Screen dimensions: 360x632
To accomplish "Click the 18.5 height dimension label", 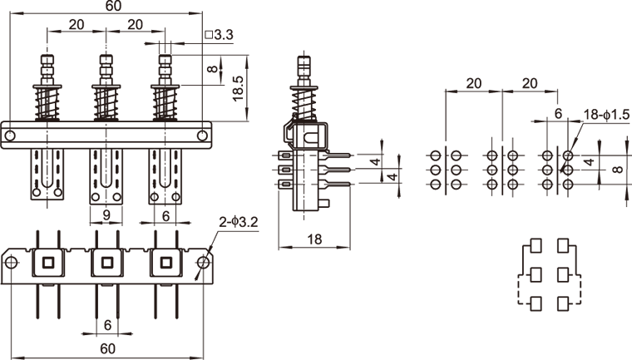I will coord(239,87).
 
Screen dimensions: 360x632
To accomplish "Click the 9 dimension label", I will coord(106,215).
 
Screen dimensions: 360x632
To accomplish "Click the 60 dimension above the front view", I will coord(113,7).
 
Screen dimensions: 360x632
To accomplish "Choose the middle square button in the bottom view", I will coord(106,263).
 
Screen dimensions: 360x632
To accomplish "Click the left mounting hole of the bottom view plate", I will coord(11,263).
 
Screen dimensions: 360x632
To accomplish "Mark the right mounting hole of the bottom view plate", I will coord(202,263).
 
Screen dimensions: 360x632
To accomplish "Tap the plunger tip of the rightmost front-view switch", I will coord(165,60).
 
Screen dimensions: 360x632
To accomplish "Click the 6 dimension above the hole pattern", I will coord(558,111).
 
